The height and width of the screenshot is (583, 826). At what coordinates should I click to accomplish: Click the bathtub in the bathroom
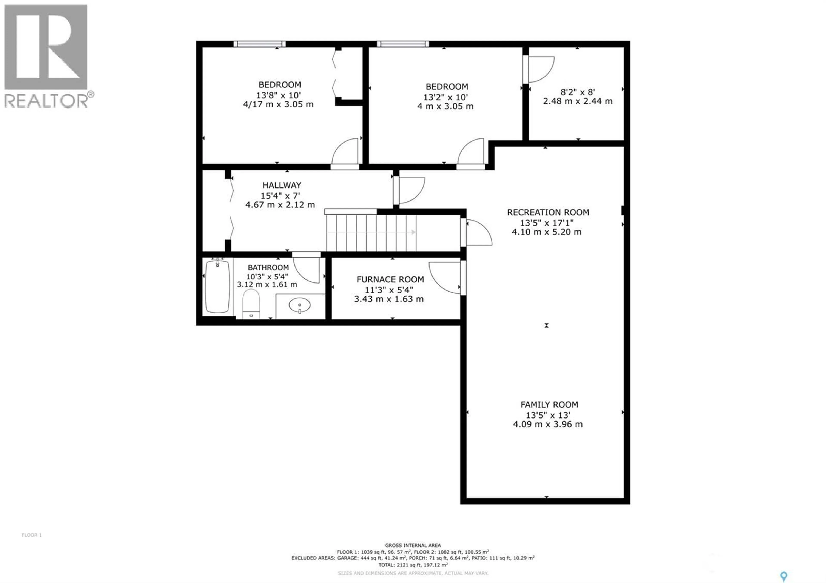coord(217,287)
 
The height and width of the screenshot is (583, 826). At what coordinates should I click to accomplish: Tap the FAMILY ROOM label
coord(549,405)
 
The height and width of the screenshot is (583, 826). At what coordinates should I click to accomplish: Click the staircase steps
coord(371,233)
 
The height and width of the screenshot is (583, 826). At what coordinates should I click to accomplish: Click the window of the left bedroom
coord(259,44)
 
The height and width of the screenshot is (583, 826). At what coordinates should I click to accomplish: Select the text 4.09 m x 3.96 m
coord(548,424)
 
